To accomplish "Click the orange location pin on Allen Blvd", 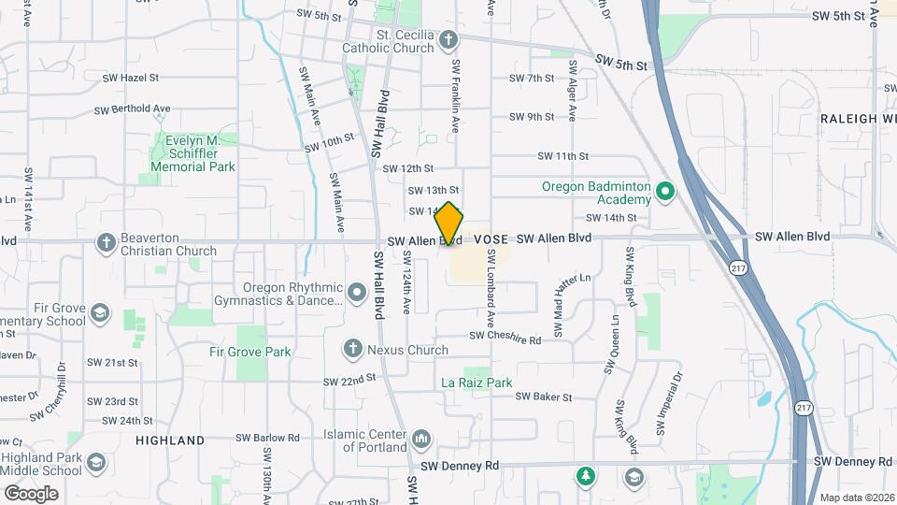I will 449,224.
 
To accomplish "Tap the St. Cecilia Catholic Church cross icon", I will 449,40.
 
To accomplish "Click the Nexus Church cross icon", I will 353,350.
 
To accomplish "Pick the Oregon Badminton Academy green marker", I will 664,193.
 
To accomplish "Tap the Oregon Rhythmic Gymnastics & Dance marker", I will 356,294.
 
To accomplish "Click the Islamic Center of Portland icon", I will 420,439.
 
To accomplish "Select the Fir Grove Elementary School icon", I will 100,312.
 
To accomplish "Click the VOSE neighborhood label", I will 491,239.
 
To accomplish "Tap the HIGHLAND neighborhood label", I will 170,440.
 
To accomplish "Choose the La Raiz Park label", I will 477,382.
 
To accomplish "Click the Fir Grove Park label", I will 250,353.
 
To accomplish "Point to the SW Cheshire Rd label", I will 505,336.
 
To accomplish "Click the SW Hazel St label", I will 127,78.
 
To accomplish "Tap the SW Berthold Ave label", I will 132,109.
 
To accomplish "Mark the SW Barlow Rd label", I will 267,437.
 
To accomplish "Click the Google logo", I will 31,493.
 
